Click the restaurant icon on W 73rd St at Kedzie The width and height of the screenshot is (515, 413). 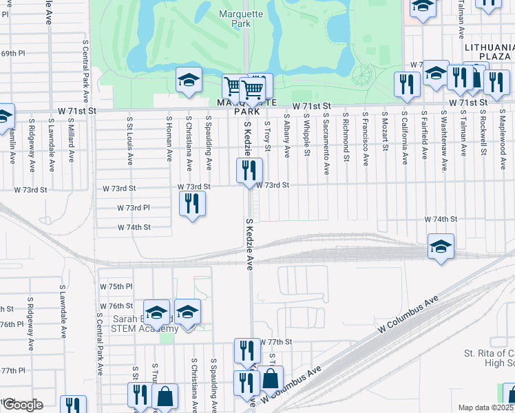point(249,171)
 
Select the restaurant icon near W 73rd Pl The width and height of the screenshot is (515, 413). point(193,204)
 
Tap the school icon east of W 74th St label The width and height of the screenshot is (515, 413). point(441,246)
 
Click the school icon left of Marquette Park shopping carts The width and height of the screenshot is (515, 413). point(189,81)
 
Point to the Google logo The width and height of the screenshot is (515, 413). point(22,405)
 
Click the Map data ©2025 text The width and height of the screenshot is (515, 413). point(485,407)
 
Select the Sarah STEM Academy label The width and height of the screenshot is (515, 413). point(138,324)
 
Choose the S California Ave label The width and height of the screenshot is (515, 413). point(405,138)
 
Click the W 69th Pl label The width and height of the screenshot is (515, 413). point(12,53)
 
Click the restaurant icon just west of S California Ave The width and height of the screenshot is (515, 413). point(407,84)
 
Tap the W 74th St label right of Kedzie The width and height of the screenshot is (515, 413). point(441,219)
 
